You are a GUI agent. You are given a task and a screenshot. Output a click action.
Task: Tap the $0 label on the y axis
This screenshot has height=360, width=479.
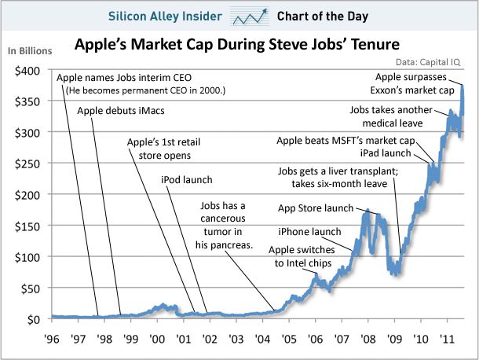coord(35,320)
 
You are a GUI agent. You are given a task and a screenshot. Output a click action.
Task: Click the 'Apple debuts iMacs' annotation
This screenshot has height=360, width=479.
coord(119,111)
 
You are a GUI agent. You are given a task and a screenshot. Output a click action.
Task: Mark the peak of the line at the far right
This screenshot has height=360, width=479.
coord(463,85)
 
